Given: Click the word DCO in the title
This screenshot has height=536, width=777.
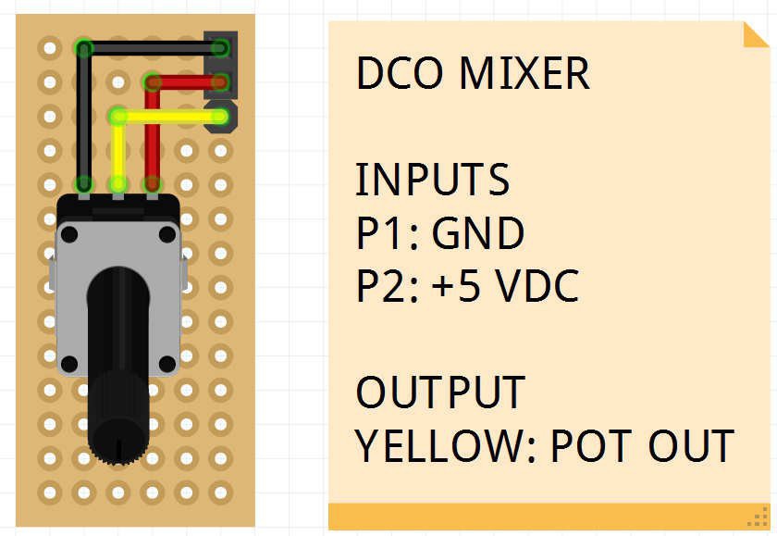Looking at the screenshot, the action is point(400,73).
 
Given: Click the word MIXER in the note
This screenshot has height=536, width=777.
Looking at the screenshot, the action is point(524,73).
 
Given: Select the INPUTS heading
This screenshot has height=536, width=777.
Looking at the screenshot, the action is point(432,179).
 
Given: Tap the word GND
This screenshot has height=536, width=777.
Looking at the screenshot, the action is point(477,232).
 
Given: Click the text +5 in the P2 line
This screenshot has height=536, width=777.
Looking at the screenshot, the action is point(455,286).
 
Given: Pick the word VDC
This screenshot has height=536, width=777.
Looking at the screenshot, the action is point(537,286).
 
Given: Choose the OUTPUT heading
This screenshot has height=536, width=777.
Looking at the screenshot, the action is point(440,392).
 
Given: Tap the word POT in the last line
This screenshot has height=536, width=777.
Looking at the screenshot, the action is point(591,445).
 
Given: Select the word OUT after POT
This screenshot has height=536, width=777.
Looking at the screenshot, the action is point(691,445).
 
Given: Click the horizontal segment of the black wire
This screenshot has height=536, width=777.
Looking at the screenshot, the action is point(152,48).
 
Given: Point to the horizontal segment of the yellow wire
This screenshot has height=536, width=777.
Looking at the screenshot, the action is point(168,117).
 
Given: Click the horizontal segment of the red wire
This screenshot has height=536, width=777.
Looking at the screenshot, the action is point(186,82).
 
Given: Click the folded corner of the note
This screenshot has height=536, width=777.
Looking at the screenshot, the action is point(757,34).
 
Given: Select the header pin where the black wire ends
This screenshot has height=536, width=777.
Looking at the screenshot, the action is point(220,48).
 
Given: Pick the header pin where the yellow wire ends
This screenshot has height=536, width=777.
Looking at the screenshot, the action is point(220,117).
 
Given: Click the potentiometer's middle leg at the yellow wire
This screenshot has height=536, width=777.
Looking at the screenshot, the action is point(118,184).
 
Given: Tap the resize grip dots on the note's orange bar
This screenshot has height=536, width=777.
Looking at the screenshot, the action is point(758,517).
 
